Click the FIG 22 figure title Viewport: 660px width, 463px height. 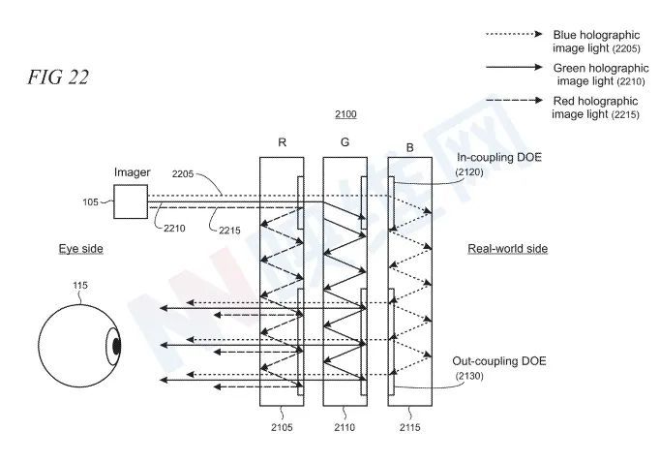[57, 77]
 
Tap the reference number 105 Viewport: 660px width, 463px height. [89, 203]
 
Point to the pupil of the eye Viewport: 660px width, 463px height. [115, 344]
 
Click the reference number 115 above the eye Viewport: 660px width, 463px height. [80, 285]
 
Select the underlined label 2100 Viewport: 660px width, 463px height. [345, 115]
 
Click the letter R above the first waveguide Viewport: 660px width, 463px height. [282, 142]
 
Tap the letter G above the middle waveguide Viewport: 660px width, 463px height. [345, 142]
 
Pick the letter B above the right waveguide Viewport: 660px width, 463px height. [409, 148]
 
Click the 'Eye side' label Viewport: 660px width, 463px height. [80, 249]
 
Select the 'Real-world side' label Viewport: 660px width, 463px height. [507, 249]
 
